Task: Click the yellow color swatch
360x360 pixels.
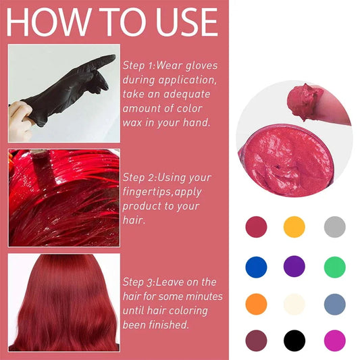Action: tap(294, 226)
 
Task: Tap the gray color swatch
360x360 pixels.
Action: tap(334, 226)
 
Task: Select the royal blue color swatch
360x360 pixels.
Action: tap(256, 265)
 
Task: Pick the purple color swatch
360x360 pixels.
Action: tap(294, 265)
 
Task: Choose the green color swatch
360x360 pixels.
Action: tap(334, 265)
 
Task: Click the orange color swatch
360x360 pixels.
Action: tap(256, 303)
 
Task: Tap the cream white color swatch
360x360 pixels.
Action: tap(294, 303)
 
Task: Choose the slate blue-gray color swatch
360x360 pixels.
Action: tap(334, 303)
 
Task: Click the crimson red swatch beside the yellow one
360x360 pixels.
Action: tap(256, 226)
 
